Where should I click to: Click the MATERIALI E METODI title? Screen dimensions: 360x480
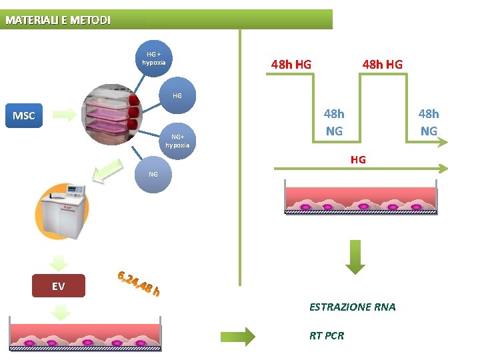pos(58,20)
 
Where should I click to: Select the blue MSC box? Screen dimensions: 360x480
pos(24,115)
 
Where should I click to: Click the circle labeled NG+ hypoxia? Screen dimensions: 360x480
pos(177,141)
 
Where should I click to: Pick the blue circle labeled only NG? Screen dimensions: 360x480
pos(153,175)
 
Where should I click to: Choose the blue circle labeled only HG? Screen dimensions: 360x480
pos(177,96)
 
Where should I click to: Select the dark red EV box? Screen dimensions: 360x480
pos(59,285)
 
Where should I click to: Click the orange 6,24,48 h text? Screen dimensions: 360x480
pos(138,283)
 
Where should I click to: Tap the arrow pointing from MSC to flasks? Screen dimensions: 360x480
pos(65,115)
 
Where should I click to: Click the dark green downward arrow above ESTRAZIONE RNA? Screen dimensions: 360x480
pos(356,257)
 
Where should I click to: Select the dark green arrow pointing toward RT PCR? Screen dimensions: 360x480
pos(238,336)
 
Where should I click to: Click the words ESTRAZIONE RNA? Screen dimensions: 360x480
pos(352,307)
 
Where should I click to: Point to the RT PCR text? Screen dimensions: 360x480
pos(327,335)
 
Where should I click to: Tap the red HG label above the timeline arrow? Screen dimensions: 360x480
pos(358,160)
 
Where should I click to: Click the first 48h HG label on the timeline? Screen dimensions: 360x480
pos(291,65)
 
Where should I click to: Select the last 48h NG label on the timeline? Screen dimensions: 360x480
pos(428,122)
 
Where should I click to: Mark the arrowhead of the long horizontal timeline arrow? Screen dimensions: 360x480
pos(442,169)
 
